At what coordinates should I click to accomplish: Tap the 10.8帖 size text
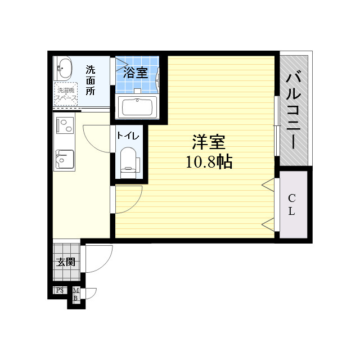(x=209, y=162)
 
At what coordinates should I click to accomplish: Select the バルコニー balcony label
(x=294, y=110)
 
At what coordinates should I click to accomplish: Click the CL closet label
(x=291, y=205)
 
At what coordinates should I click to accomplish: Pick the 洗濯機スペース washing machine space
(x=66, y=93)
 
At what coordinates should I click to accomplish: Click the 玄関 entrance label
(x=66, y=262)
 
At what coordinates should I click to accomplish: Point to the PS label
(x=59, y=290)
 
